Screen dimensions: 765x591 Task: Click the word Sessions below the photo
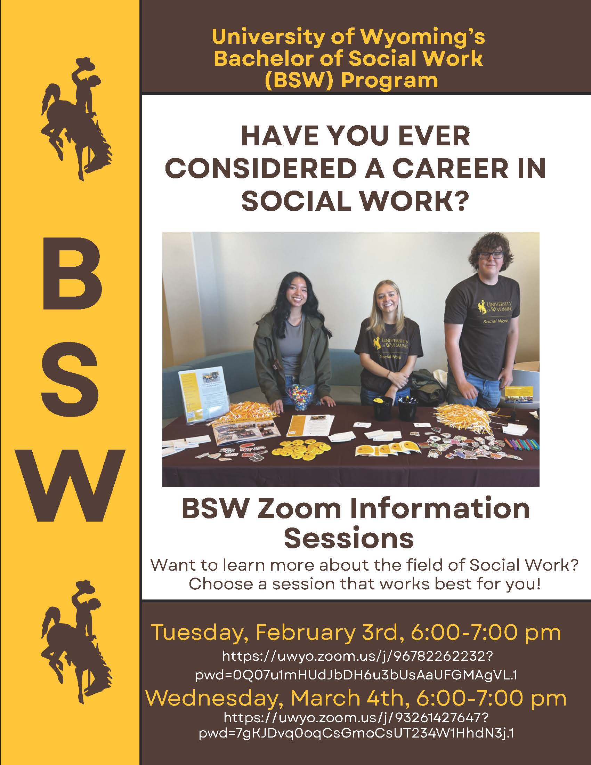[349, 538]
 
